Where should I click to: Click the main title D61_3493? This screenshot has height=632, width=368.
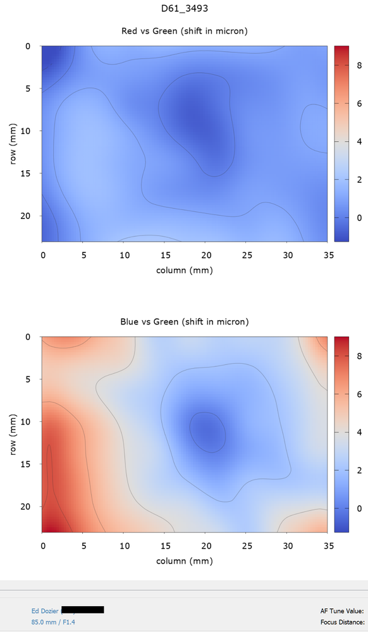(x=184, y=8)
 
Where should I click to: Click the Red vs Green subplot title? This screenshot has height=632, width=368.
(x=184, y=31)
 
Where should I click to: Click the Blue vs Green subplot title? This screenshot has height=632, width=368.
(x=184, y=322)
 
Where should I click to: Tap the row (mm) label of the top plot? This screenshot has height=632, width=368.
(x=13, y=143)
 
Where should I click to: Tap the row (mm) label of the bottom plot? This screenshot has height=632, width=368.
(x=13, y=434)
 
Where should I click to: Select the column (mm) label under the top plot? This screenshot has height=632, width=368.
(x=184, y=270)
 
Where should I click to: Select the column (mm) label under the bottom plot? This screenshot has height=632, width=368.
(x=184, y=561)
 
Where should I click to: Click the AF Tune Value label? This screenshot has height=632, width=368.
(x=342, y=611)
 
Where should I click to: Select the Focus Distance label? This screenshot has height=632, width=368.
(x=342, y=622)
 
